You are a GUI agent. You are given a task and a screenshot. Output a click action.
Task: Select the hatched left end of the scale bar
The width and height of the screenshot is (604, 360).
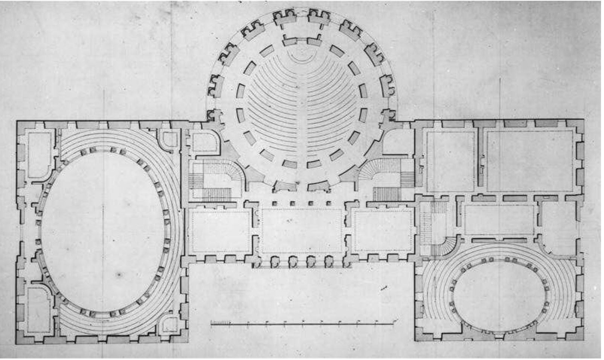(x=221, y=323)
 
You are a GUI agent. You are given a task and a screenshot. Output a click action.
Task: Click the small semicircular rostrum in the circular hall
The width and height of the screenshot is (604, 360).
(x=301, y=56)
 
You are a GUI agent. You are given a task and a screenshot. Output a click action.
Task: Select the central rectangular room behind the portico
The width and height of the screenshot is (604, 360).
(x=302, y=230)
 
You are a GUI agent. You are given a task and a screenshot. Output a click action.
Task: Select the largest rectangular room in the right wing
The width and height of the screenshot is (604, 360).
(x=529, y=161)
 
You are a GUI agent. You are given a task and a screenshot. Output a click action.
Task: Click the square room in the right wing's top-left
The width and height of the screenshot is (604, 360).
(x=450, y=161)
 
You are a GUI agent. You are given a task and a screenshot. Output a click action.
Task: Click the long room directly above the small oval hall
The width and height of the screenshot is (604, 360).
(x=499, y=220)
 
